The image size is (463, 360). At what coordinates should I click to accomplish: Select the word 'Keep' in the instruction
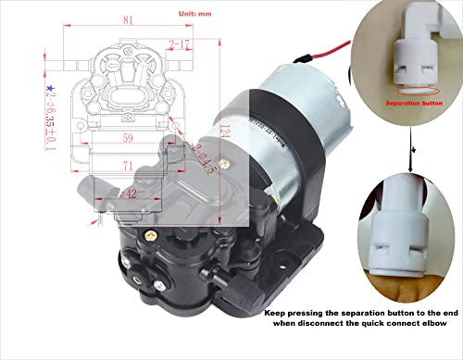click(x=275, y=313)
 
